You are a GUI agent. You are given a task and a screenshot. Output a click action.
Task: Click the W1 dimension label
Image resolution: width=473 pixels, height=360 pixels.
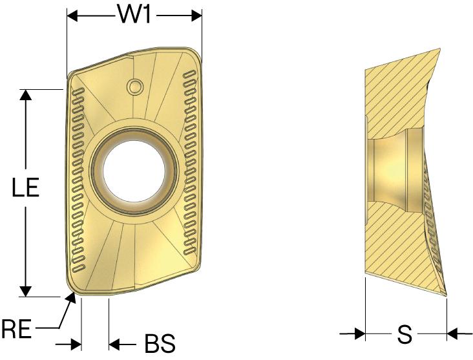(x=134, y=14)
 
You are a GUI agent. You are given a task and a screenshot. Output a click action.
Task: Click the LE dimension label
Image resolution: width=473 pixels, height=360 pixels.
(x=26, y=187)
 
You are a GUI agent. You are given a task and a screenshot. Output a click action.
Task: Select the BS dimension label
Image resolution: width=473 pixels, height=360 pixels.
(x=160, y=343)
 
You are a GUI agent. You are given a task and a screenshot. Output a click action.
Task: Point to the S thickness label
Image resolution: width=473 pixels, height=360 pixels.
(x=405, y=334)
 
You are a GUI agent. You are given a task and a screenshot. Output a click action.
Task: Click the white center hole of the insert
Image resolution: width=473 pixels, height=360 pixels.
(x=134, y=171)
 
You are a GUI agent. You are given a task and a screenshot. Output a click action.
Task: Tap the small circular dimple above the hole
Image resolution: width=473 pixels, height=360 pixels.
(x=134, y=87)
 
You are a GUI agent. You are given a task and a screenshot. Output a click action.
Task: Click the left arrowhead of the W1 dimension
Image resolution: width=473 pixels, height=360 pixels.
(x=72, y=16)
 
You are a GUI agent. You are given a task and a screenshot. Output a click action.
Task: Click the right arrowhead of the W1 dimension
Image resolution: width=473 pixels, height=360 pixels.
(x=196, y=16)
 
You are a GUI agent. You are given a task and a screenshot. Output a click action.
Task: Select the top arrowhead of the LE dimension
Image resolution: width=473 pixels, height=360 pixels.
(x=26, y=95)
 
